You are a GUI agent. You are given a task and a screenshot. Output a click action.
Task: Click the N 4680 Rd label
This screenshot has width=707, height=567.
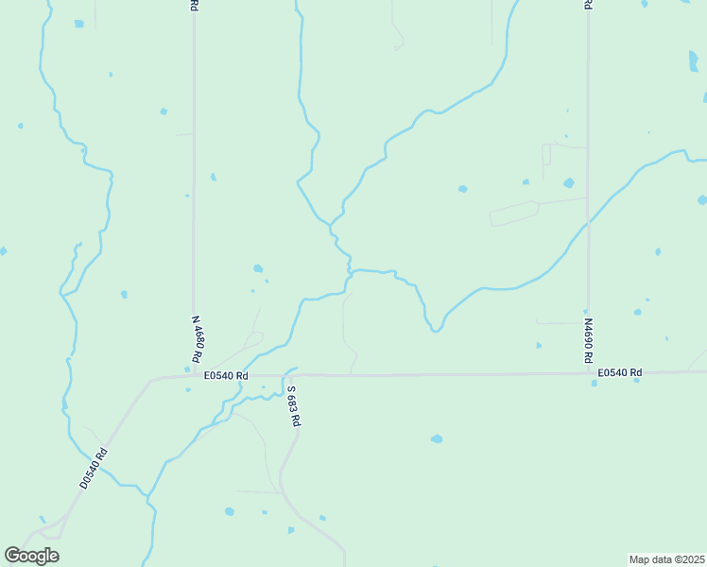tap(198, 340)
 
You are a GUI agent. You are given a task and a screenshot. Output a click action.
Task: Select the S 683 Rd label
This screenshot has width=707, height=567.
tap(294, 406)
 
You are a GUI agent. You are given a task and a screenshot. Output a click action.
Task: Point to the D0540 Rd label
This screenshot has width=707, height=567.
tap(95, 467)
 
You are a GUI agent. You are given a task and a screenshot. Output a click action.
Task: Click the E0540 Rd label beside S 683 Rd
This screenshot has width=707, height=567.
tap(226, 375)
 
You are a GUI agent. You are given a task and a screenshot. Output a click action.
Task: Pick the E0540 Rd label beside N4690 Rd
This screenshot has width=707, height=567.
tap(619, 372)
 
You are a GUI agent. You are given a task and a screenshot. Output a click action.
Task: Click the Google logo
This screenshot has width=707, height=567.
tap(31, 556)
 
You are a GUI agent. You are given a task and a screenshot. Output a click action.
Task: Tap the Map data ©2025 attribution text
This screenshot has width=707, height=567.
tap(666, 559)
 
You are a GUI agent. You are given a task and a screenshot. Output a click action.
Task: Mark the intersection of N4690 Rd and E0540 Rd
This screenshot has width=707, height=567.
tap(588, 372)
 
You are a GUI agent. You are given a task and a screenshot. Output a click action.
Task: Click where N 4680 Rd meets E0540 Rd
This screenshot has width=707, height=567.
tap(194, 375)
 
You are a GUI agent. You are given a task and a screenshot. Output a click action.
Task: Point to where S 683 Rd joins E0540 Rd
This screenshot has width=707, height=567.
tap(284, 375)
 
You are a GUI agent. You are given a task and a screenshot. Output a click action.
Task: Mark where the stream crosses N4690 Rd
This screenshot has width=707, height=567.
tap(588, 222)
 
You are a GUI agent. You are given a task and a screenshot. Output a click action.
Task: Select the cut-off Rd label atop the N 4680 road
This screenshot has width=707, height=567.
tap(193, 5)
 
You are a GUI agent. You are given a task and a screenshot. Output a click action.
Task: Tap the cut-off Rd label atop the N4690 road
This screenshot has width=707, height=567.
tap(587, 5)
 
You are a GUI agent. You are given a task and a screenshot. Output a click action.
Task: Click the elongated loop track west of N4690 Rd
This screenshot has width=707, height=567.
tap(513, 214)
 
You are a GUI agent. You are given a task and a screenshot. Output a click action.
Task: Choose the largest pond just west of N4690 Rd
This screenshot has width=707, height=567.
tap(568, 183)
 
